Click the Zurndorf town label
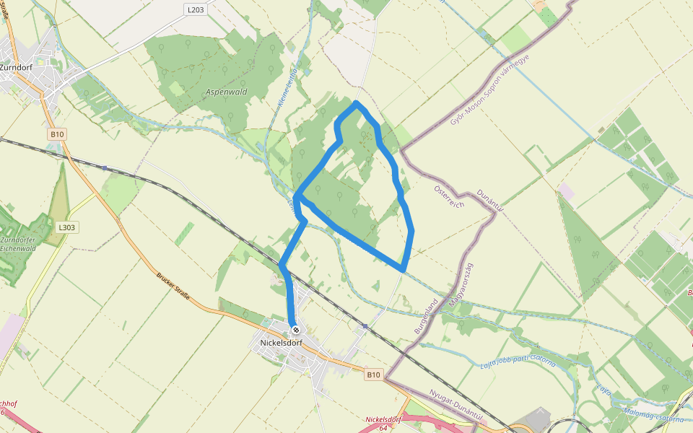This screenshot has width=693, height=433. tap(16, 67)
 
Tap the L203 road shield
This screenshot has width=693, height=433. tap(195, 9)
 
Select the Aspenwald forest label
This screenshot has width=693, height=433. tap(226, 92)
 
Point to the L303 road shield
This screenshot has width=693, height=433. tap(66, 227)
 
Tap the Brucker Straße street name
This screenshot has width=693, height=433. tap(173, 286)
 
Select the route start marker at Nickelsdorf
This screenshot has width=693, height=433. tap(295, 330)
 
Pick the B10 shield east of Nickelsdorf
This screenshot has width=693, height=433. tap(372, 375)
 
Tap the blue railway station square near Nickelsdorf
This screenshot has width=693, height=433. tap(365, 327)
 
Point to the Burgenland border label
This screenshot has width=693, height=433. tap(426, 315)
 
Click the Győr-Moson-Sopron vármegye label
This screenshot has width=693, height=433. tap(491, 90)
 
